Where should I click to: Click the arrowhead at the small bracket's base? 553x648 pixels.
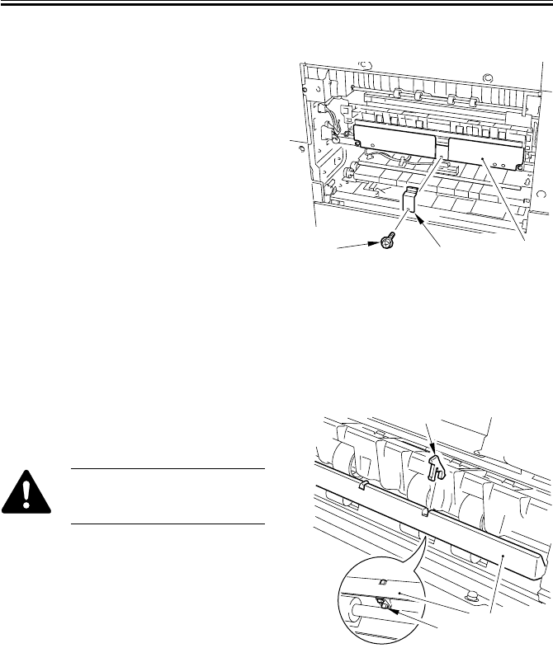[x=420, y=219]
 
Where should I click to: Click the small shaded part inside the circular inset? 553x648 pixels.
[x=384, y=603]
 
